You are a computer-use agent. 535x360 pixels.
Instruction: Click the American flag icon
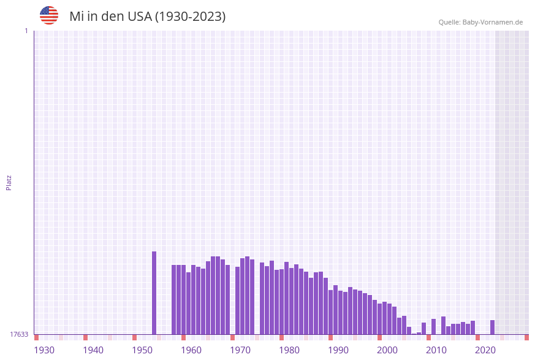click(x=49, y=15)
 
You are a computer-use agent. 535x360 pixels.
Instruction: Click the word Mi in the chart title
click(x=76, y=17)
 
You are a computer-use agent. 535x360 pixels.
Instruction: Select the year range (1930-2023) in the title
click(x=191, y=17)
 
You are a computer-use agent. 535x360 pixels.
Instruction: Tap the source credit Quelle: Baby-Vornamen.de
click(x=480, y=22)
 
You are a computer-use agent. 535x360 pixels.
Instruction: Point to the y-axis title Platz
click(x=9, y=182)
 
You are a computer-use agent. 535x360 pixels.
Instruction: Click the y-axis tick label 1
click(x=26, y=31)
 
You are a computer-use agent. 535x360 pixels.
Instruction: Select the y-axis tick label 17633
click(x=19, y=334)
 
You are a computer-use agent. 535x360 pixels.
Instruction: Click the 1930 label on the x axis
click(x=44, y=350)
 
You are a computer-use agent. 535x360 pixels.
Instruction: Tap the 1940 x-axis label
click(x=93, y=350)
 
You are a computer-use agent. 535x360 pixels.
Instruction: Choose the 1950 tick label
click(x=142, y=350)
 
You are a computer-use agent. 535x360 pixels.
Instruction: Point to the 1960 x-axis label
click(x=191, y=350)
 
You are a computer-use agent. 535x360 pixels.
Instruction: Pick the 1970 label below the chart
click(x=240, y=350)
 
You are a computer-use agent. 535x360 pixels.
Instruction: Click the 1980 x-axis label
click(x=289, y=350)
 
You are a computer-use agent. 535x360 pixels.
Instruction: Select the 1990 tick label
click(x=338, y=350)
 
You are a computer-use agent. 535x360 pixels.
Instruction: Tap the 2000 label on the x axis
click(x=387, y=350)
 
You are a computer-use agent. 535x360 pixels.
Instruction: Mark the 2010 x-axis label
click(x=436, y=350)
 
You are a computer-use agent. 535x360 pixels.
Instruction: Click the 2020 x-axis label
click(x=485, y=350)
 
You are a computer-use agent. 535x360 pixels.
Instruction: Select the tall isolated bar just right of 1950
click(x=154, y=293)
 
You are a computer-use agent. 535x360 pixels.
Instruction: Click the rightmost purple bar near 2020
click(x=492, y=327)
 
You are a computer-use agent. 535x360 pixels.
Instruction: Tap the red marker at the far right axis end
click(x=526, y=337)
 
